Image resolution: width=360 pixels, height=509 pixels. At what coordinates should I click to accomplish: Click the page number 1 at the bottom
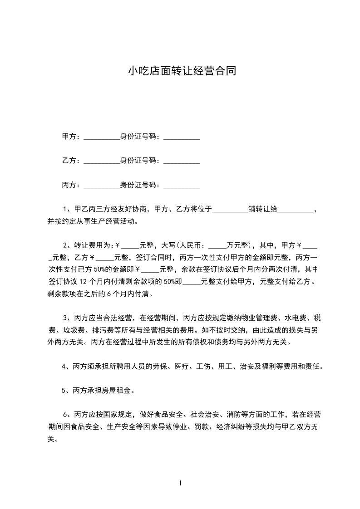(181, 483)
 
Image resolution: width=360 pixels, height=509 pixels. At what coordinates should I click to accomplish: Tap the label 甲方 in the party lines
(69, 137)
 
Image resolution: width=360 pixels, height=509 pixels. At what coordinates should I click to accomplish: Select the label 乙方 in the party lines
(69, 161)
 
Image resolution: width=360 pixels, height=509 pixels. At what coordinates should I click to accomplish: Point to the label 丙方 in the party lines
(69, 185)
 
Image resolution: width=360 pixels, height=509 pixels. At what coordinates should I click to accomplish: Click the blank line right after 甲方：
(101, 137)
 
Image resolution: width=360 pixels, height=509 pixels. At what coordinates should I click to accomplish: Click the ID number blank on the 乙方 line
(181, 162)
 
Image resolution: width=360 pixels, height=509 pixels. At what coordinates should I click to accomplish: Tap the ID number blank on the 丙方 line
(181, 186)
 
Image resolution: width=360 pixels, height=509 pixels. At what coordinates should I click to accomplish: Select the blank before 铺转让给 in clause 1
(230, 210)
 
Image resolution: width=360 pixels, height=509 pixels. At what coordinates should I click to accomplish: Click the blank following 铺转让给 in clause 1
(295, 210)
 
